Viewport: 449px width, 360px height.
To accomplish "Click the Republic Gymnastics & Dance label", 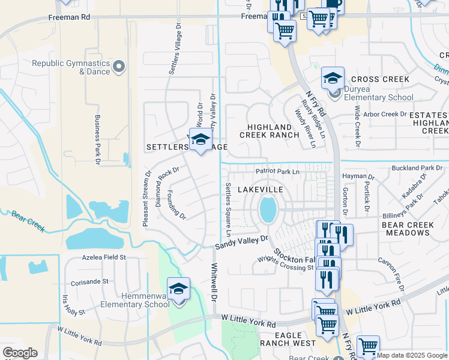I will (71, 67).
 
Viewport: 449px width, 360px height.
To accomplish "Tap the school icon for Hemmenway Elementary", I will (178, 290).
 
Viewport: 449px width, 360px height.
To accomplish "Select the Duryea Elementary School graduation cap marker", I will (332, 79).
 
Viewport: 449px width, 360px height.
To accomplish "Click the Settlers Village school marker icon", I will (201, 140).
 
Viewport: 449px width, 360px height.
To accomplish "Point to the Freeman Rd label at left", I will (69, 17).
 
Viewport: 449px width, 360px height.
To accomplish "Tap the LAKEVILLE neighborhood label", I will (260, 189).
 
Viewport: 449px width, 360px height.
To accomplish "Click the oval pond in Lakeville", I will (268, 209).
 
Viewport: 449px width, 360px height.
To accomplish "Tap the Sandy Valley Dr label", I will (242, 242).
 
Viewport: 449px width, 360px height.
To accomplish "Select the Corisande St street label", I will (89, 281).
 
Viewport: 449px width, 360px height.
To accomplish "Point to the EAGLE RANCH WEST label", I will (288, 339).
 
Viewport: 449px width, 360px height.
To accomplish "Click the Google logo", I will (20, 353).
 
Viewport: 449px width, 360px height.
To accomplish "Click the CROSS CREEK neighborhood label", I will (380, 79).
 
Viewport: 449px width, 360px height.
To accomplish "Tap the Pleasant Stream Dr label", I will (146, 199).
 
